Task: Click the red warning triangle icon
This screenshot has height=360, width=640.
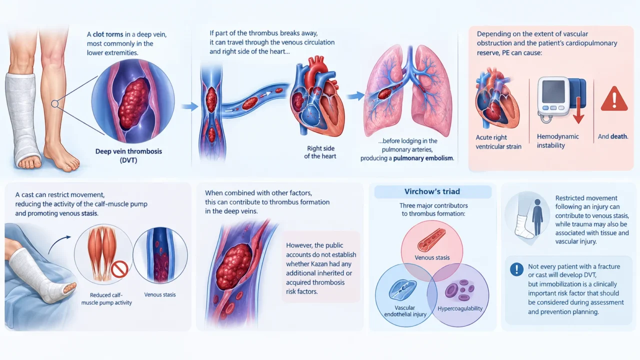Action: point(614,99)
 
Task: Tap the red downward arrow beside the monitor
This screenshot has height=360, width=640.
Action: point(578,110)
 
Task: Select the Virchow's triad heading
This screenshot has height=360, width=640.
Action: point(432,191)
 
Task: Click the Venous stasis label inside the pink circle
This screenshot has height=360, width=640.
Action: point(432,257)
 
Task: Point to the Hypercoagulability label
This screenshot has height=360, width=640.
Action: point(460,308)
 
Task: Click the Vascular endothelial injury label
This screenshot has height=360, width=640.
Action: point(405,311)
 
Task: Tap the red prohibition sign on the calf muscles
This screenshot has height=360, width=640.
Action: point(119,269)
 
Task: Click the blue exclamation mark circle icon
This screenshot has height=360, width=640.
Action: point(516,269)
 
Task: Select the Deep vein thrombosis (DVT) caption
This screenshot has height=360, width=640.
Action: point(128,155)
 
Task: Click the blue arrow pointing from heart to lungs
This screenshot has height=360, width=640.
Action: point(355,96)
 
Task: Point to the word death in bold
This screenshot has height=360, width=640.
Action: point(618,136)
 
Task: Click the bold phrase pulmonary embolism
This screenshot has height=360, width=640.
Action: point(423,158)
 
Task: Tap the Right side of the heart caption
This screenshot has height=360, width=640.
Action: point(320,152)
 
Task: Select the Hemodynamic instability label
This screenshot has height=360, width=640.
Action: point(557,141)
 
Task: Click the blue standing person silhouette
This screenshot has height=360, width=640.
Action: point(537,217)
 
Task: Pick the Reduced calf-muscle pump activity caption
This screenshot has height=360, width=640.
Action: point(106,299)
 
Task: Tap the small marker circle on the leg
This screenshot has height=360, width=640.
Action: point(54,103)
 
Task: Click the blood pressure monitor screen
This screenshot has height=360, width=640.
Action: point(553,91)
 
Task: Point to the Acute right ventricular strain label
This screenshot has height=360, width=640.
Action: point(498,142)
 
